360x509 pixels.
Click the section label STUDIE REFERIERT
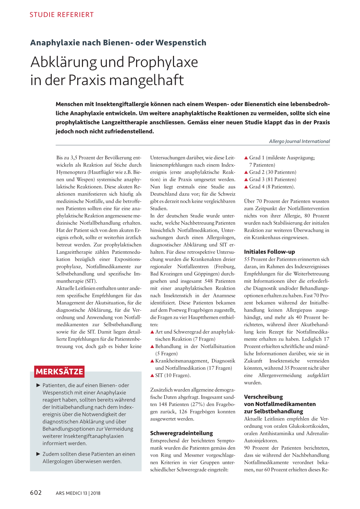tap(62, 15)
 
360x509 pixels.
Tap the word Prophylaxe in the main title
tap(163, 62)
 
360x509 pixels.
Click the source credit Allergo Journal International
tap(299, 141)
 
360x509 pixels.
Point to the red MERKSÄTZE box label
tap(59, 372)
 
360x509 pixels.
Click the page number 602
tap(36, 493)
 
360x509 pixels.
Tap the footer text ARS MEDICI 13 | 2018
tap(78, 493)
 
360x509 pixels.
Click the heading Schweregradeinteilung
tap(181, 433)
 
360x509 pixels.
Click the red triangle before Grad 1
tap(246, 158)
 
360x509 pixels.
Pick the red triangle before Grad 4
tap(246, 187)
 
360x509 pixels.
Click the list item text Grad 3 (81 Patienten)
tap(272, 180)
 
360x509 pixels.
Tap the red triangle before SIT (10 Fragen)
tap(152, 375)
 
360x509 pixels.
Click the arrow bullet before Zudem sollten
tap(38, 454)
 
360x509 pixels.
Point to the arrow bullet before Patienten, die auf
tap(38, 385)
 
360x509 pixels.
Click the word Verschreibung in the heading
tap(263, 397)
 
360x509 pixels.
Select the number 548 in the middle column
tap(209, 281)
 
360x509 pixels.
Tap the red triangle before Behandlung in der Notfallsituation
tap(152, 347)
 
